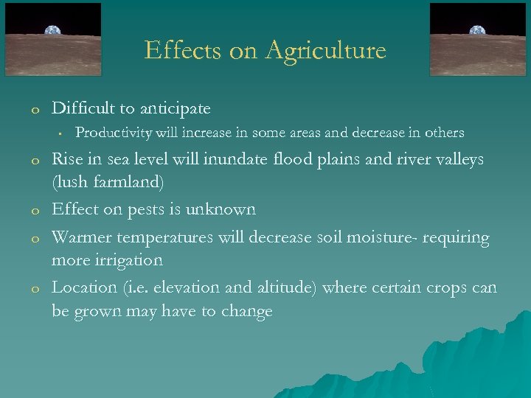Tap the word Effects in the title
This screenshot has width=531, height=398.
177,50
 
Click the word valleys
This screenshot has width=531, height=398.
458,159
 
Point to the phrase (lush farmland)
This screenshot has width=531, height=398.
108,181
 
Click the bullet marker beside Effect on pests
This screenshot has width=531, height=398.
34,212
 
